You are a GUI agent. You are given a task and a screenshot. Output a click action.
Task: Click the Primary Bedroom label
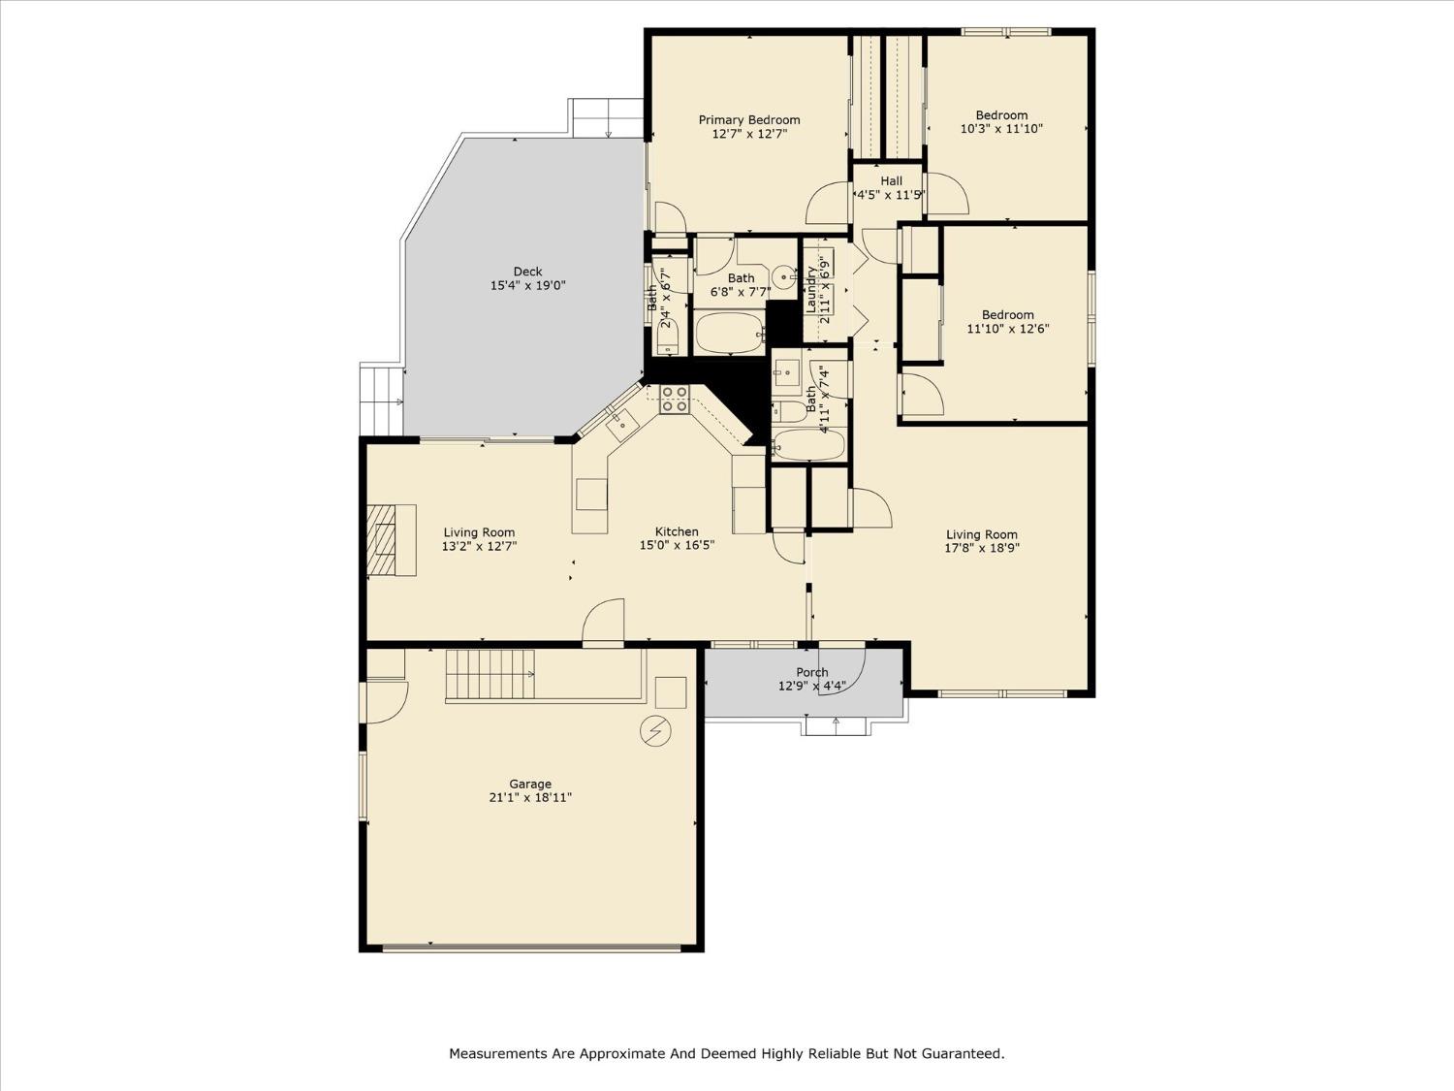pyautogui.click(x=749, y=120)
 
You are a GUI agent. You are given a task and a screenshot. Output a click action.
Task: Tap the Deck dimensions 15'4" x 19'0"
pyautogui.click(x=527, y=286)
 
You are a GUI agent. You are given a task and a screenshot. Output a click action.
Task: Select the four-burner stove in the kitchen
pyautogui.click(x=675, y=400)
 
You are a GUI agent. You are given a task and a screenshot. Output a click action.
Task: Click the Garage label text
pyautogui.click(x=530, y=784)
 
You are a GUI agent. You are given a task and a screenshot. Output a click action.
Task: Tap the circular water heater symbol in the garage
pyautogui.click(x=654, y=730)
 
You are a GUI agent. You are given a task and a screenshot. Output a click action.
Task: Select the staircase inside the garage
pyautogui.click(x=490, y=675)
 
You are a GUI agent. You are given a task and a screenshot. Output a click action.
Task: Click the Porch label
pyautogui.click(x=812, y=672)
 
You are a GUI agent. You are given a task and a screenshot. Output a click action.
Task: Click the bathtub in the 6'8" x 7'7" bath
pyautogui.click(x=730, y=333)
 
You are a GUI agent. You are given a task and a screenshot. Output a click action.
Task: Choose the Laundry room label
pyautogui.click(x=811, y=289)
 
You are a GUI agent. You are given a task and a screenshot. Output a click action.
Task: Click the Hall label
pyautogui.click(x=891, y=181)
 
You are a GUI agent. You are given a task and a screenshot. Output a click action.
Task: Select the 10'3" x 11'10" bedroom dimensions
pyautogui.click(x=1001, y=129)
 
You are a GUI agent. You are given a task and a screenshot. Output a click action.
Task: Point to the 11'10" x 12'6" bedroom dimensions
pyautogui.click(x=1007, y=329)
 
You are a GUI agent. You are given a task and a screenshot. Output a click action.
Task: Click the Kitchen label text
pyautogui.click(x=677, y=531)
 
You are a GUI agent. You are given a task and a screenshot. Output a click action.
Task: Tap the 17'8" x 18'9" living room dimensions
pyautogui.click(x=982, y=548)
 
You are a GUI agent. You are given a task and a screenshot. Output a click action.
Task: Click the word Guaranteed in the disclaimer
pyautogui.click(x=963, y=1053)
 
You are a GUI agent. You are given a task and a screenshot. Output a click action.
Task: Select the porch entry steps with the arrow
pyautogui.click(x=836, y=725)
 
